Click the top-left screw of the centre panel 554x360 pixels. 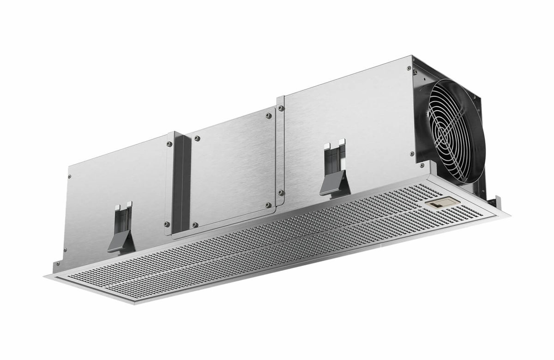click(197, 138)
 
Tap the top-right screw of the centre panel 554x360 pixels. click(268, 115)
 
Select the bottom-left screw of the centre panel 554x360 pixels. click(196, 225)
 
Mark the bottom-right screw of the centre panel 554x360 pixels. click(268, 204)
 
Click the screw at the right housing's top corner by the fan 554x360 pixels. click(409, 68)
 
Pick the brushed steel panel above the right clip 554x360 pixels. click(346, 115)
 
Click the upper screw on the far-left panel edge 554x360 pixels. click(70, 176)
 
